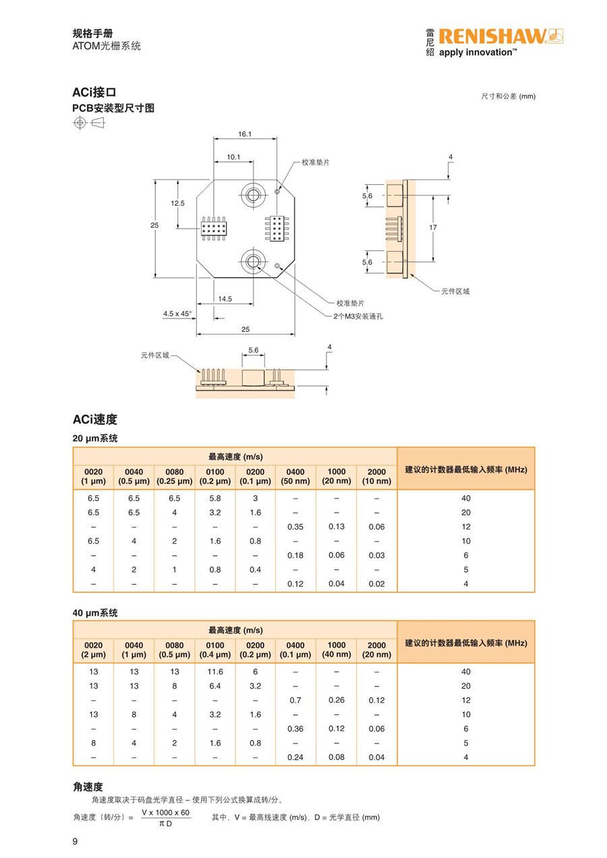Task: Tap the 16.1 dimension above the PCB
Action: tap(245, 134)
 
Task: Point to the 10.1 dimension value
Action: tap(233, 157)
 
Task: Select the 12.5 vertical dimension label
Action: tap(177, 203)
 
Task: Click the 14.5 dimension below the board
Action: tap(225, 299)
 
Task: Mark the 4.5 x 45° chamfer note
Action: tap(177, 314)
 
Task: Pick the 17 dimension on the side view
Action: tap(433, 227)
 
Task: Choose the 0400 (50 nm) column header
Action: tap(295, 476)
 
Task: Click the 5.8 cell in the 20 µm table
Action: tap(215, 498)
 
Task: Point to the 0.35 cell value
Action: tap(295, 527)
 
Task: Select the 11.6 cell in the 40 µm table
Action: tap(215, 671)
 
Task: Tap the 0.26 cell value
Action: tap(337, 700)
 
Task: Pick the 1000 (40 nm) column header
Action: tap(337, 650)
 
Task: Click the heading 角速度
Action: tap(88, 786)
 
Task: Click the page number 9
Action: tap(76, 841)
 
